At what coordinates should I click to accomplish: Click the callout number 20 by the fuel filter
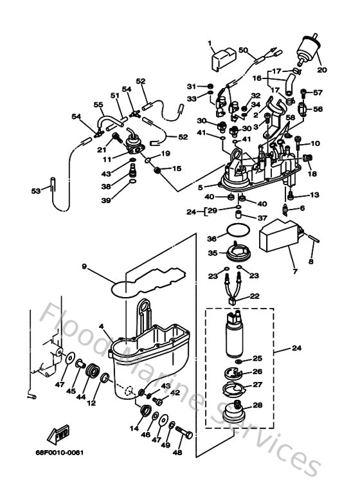(x=322, y=71)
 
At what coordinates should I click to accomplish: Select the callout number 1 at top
(x=210, y=42)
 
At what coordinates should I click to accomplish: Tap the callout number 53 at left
(x=37, y=190)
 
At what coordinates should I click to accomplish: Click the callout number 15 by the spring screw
(x=177, y=168)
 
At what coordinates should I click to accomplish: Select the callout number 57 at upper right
(x=318, y=92)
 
